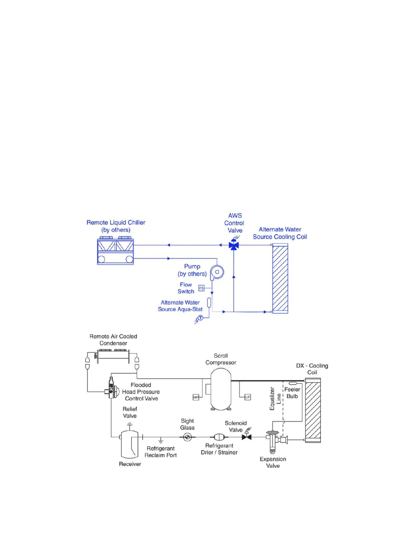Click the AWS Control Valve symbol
(x=234, y=245)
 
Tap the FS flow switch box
(x=201, y=288)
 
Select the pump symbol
(x=217, y=272)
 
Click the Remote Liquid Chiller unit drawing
(x=115, y=251)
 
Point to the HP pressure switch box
(x=196, y=397)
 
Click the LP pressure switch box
(x=247, y=397)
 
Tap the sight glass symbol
(x=187, y=437)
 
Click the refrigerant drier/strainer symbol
(x=219, y=437)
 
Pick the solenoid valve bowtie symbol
(x=247, y=437)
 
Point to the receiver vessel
(x=130, y=444)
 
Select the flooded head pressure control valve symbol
(x=112, y=388)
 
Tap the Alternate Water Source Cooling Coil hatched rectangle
(x=280, y=278)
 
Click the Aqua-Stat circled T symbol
(x=201, y=318)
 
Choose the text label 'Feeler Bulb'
(x=292, y=393)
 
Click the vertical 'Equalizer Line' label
(x=275, y=398)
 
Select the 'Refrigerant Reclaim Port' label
(x=161, y=452)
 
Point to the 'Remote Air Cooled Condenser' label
(x=113, y=340)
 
